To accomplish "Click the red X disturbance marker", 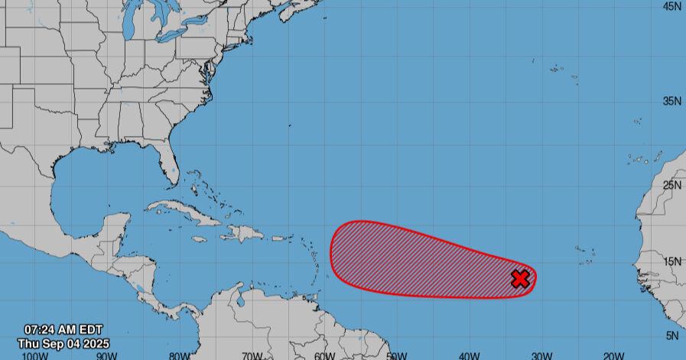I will (x=520, y=279).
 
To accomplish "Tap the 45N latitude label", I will (x=672, y=6).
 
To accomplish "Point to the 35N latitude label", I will (x=672, y=101).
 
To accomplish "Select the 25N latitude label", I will (x=672, y=185).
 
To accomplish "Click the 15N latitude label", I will (x=672, y=261).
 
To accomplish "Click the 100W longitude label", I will (x=32, y=355).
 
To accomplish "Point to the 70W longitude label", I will (x=252, y=355).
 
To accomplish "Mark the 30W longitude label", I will (x=541, y=355).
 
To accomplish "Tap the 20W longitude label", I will (x=614, y=355).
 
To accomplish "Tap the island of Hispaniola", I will (x=243, y=232).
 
